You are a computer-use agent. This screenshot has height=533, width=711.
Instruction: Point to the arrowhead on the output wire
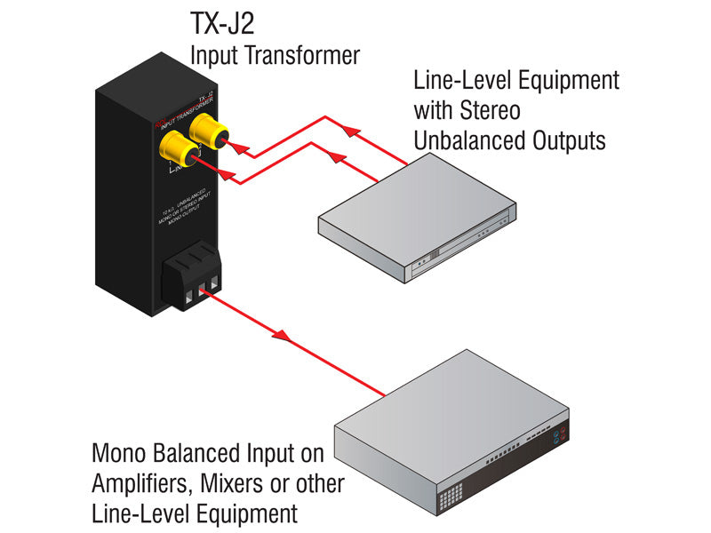(280, 337)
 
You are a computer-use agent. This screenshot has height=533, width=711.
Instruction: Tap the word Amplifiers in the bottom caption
(140, 485)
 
